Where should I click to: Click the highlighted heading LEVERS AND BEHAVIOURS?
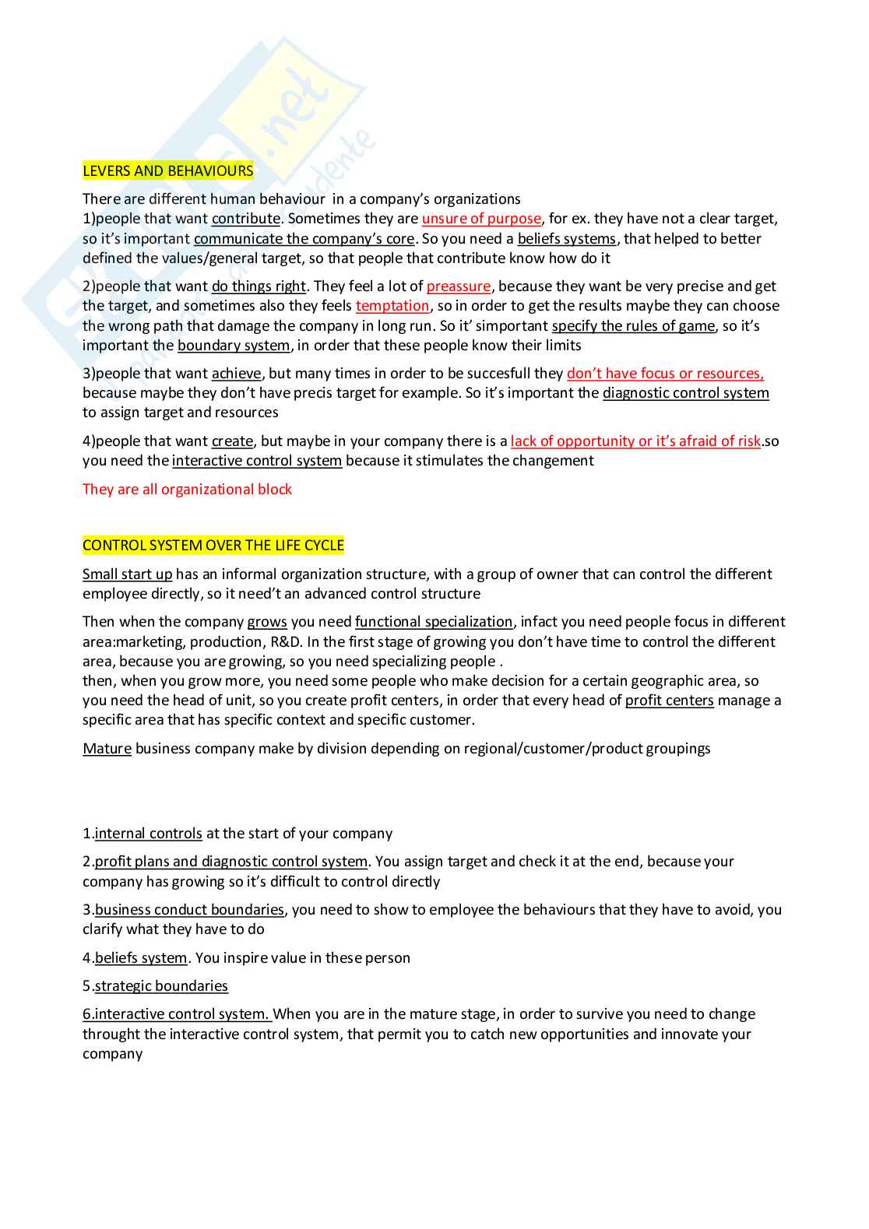[168, 170]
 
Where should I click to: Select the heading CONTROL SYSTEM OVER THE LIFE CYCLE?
[213, 545]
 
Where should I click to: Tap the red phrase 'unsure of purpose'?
[481, 219]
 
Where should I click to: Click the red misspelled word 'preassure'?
[459, 286]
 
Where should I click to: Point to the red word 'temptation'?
[392, 306]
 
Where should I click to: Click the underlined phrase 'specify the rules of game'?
[633, 325]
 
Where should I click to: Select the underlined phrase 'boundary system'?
[234, 345]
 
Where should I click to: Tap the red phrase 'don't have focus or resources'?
[665, 374]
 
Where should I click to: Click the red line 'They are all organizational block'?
[187, 489]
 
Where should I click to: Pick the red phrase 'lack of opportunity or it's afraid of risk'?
[635, 441]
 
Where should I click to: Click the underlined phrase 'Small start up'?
[127, 574]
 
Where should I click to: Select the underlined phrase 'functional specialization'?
[434, 621]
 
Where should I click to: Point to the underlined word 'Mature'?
[107, 748]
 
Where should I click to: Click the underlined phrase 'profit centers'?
[669, 700]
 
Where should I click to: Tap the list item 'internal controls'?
[148, 833]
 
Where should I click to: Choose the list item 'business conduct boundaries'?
[189, 909]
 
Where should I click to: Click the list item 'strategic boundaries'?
[161, 985]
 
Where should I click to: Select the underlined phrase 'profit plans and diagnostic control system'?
[230, 861]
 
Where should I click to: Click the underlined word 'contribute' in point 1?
[245, 219]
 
